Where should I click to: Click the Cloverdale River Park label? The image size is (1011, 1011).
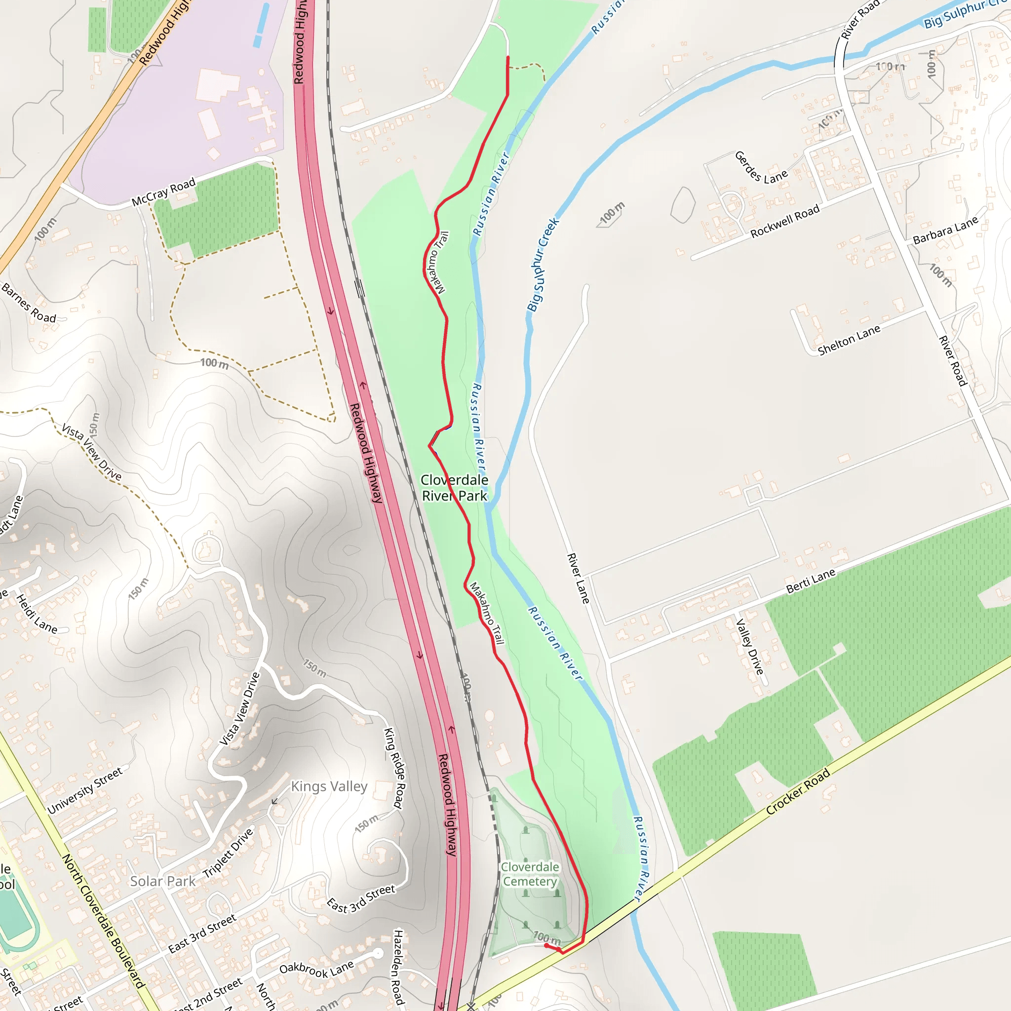(454, 488)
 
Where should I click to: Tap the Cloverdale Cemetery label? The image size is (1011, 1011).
(530, 874)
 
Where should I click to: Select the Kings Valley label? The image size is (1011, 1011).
(329, 786)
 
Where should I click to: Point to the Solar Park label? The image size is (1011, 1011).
(162, 882)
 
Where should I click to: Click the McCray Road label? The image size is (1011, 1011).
(163, 192)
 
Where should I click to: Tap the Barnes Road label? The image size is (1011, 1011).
(29, 303)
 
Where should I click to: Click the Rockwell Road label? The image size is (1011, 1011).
(784, 221)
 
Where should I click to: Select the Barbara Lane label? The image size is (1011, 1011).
(945, 231)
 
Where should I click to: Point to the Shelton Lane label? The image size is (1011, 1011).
(849, 340)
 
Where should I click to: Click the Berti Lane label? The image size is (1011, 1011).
(811, 582)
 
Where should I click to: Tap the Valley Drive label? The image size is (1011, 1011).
(750, 647)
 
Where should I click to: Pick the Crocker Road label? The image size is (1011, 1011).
(798, 791)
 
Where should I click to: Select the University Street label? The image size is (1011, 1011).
(85, 791)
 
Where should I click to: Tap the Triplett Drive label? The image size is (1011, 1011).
(228, 853)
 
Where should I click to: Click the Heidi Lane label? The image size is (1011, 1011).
(37, 614)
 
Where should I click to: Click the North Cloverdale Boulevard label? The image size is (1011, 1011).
(103, 921)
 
